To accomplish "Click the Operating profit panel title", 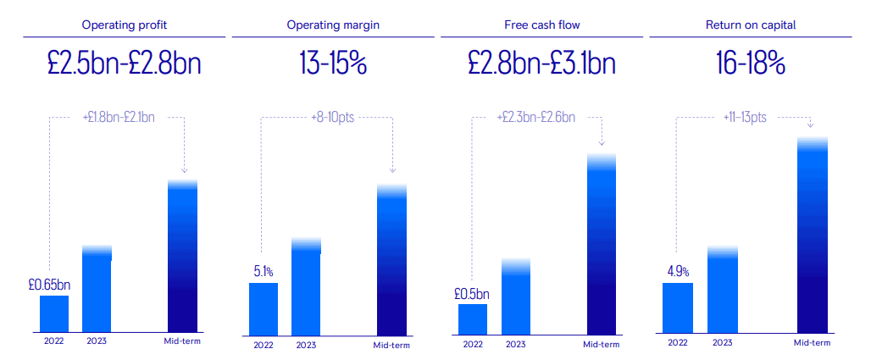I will pyautogui.click(x=125, y=25).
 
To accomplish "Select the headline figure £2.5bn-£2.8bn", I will pyautogui.click(x=125, y=64).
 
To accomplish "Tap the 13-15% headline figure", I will pyautogui.click(x=333, y=64).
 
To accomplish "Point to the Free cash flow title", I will pyautogui.click(x=542, y=25).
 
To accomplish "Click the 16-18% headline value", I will pyautogui.click(x=751, y=64).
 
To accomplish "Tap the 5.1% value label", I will pyautogui.click(x=263, y=272).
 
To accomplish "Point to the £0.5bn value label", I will pyautogui.click(x=472, y=294).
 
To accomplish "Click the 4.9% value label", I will pyautogui.click(x=678, y=272).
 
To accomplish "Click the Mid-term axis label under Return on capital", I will pyautogui.click(x=812, y=342).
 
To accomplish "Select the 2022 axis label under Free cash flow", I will pyautogui.click(x=473, y=344).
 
